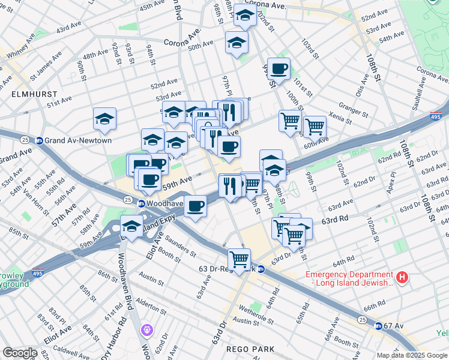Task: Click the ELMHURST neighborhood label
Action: [x=34, y=94]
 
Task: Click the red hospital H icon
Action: [x=403, y=278]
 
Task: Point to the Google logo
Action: [x=20, y=353]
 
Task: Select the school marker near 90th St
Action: [x=105, y=118]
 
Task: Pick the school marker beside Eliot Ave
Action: [x=131, y=226]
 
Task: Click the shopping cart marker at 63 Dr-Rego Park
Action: [x=239, y=259]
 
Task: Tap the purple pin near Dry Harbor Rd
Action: [x=147, y=329]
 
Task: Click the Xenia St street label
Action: [x=340, y=118]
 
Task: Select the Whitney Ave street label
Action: [x=21, y=49]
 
